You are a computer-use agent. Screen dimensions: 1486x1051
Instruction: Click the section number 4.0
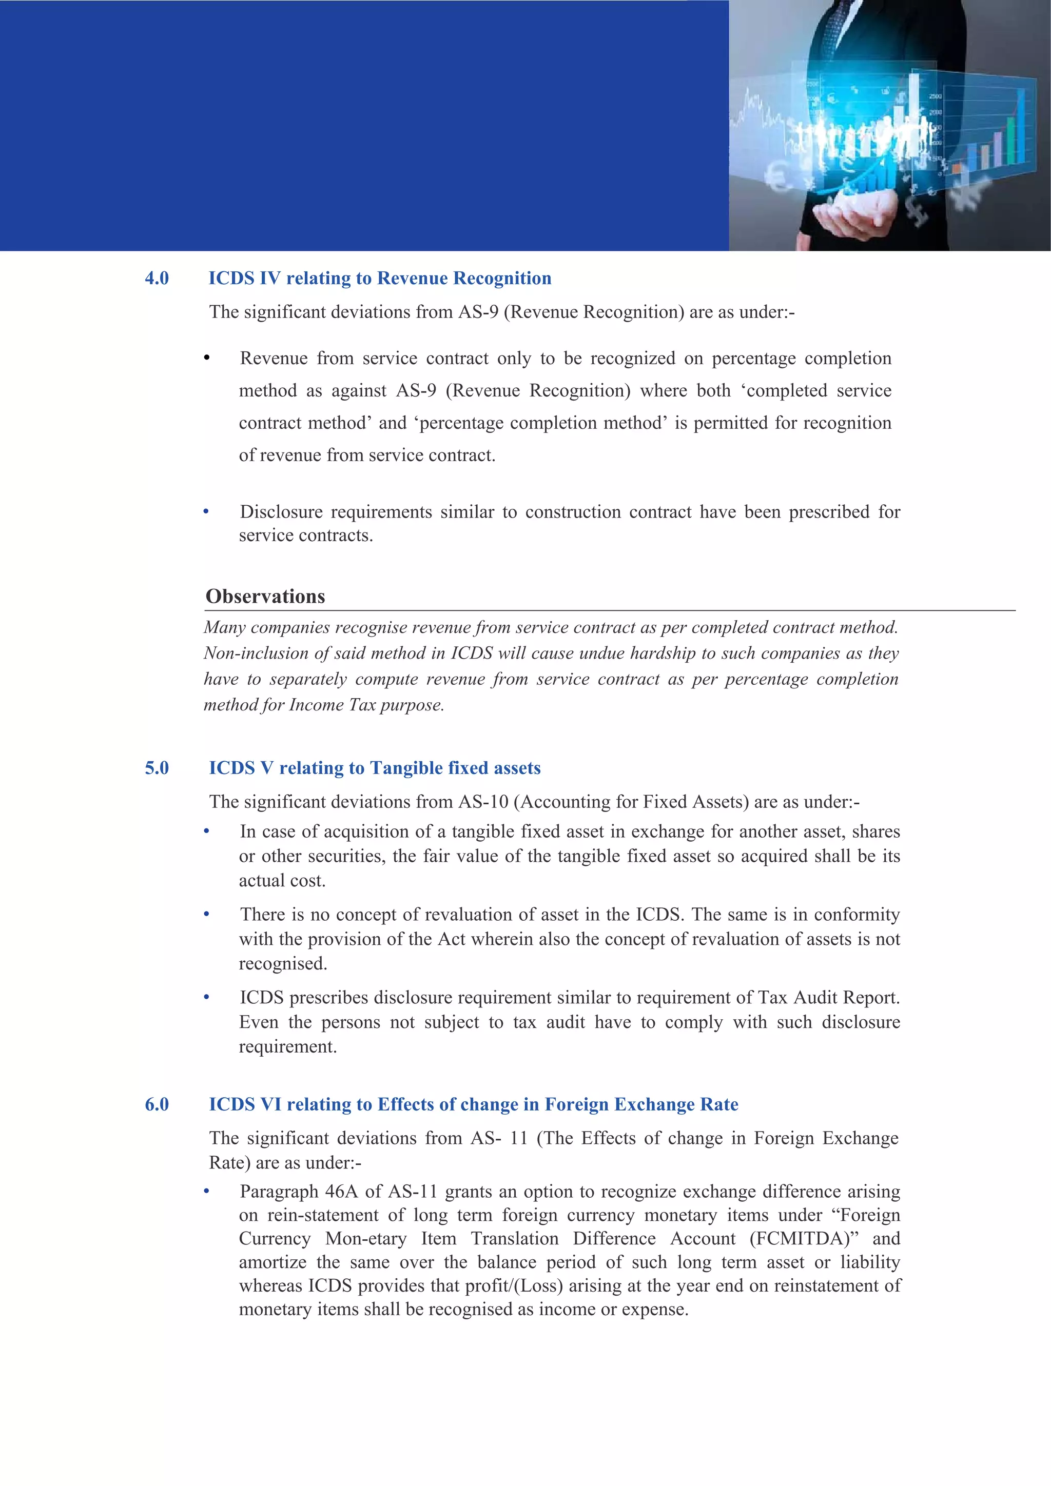[157, 279]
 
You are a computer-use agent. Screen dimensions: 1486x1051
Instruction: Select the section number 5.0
[157, 768]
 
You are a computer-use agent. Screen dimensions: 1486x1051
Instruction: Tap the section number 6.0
[157, 1105]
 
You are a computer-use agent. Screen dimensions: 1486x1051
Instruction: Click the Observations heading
[265, 596]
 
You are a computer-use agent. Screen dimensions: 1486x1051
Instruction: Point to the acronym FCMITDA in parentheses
[803, 1239]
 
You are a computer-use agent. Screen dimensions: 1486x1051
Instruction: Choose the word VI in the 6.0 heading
[270, 1105]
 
